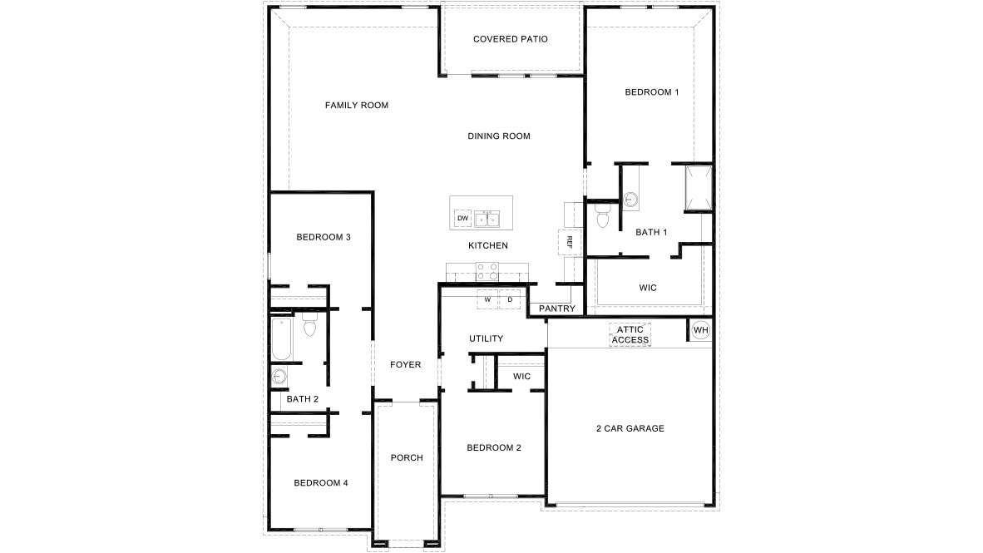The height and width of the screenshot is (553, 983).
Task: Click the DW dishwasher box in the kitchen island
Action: click(x=462, y=219)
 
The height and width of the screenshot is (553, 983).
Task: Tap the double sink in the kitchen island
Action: click(x=487, y=219)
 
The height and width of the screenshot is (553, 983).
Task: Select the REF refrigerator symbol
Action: click(x=570, y=241)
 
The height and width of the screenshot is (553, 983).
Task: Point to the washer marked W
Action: click(x=488, y=299)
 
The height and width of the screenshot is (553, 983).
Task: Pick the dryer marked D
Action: click(x=509, y=299)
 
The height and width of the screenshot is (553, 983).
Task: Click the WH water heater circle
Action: click(x=700, y=330)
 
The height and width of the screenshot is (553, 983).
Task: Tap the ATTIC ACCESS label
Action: click(x=630, y=334)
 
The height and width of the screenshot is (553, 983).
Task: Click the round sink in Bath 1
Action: click(x=631, y=200)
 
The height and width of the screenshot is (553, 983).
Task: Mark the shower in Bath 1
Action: click(x=698, y=187)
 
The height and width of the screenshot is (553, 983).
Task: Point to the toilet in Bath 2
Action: click(x=310, y=326)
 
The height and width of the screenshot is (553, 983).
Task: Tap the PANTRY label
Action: click(x=556, y=309)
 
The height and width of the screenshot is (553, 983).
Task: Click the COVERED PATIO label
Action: click(x=510, y=39)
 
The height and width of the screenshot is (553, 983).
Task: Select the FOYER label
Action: click(x=406, y=365)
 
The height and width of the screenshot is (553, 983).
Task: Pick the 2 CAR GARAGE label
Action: click(x=630, y=429)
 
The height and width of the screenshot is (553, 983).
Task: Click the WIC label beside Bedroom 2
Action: click(x=521, y=377)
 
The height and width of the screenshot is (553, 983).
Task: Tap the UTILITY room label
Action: click(x=486, y=338)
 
